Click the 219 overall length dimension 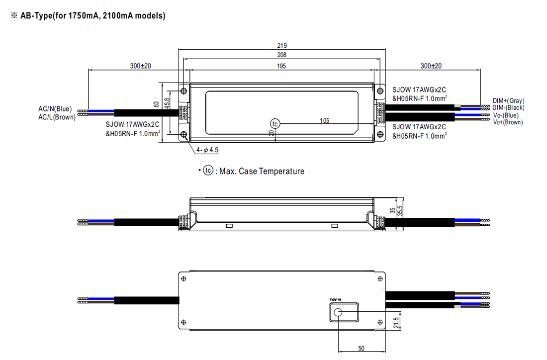coord(282,46)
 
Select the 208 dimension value coord(282,55)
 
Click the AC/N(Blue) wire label coord(55,109)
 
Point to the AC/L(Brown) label coord(57,117)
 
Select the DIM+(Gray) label coord(508,101)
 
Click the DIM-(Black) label coord(508,108)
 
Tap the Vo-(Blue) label coord(506,115)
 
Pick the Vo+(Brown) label coord(508,122)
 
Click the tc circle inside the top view coord(275,123)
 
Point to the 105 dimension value coord(325,120)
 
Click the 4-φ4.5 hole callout coord(207,150)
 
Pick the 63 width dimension coord(156,104)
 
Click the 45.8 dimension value coord(167,103)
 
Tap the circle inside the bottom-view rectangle coord(338,312)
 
